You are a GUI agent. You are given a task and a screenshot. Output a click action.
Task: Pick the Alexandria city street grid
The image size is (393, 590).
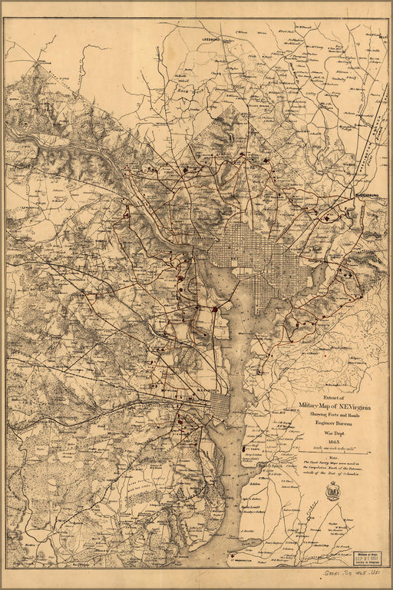pos(217,406)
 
